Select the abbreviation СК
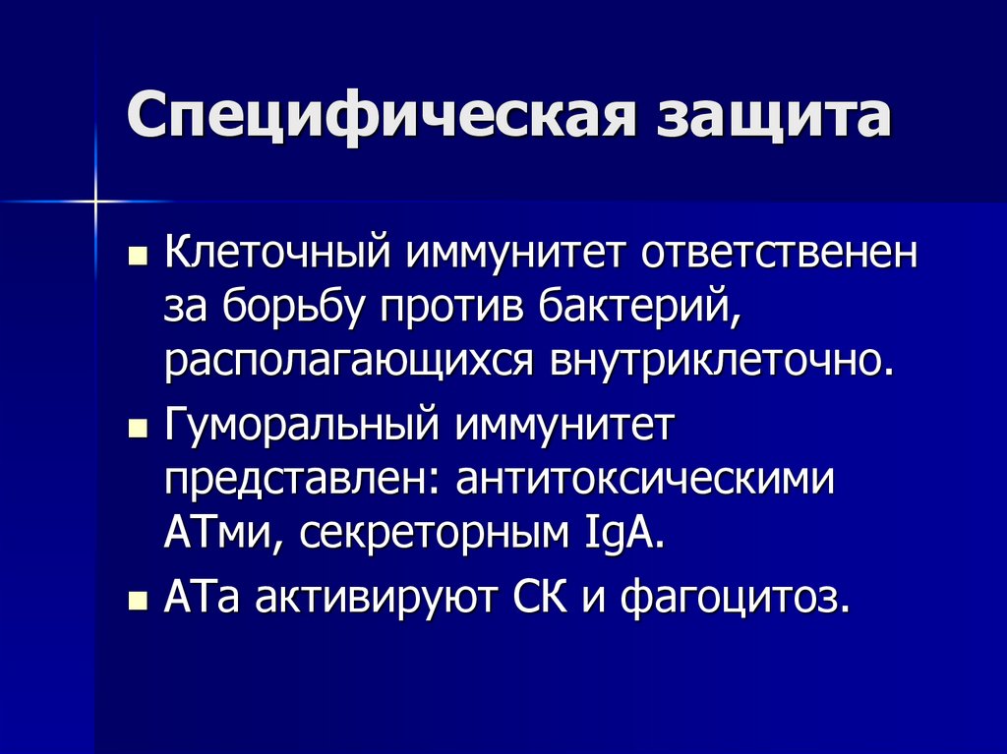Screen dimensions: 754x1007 (541, 598)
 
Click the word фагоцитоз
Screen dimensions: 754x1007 (732, 598)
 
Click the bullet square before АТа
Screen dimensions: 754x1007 (139, 601)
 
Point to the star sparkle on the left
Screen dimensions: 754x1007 (95, 201)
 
